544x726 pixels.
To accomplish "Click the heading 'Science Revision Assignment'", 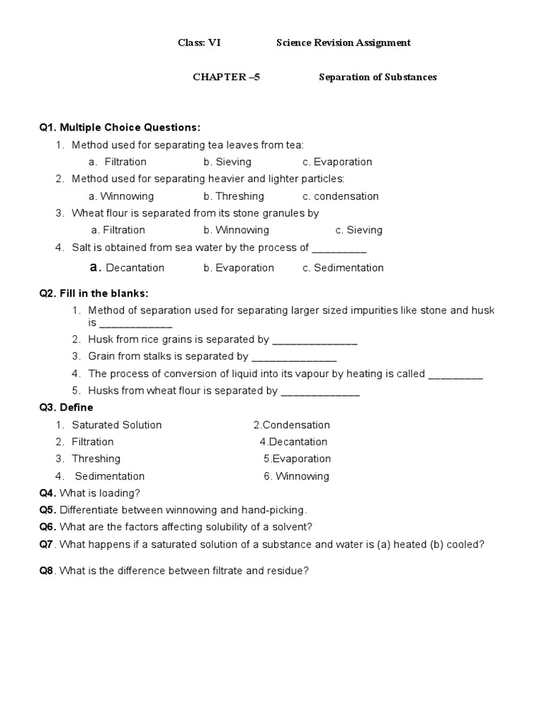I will (x=343, y=43).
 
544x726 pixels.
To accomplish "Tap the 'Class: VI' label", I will (x=199, y=43).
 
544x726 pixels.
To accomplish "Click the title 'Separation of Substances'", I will (x=378, y=77).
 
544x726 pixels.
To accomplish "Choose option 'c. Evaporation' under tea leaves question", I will (x=337, y=162).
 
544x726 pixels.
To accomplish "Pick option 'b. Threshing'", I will (x=234, y=196).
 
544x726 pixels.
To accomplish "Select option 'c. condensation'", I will (x=341, y=196).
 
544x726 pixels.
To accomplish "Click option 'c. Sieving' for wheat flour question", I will (x=359, y=230).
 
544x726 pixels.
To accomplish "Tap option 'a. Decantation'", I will (x=127, y=268).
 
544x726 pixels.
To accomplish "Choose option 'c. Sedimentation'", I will (x=343, y=268).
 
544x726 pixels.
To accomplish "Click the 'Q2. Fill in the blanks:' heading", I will (x=94, y=294).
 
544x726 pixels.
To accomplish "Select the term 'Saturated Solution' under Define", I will (x=117, y=425).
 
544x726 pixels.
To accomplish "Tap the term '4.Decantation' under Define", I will (x=293, y=442).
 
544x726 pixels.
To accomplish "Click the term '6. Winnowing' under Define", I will (x=296, y=476).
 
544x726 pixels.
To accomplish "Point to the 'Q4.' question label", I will (x=48, y=493).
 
